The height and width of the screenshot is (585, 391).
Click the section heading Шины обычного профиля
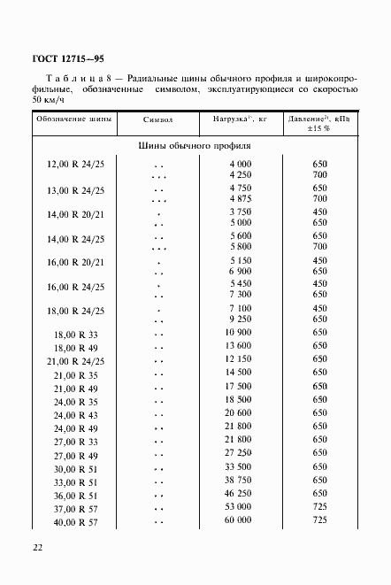[x=195, y=146]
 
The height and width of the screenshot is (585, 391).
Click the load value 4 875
[x=240, y=199]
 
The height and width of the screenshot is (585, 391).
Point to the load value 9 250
[x=240, y=318]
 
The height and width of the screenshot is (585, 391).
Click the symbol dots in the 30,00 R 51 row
[x=159, y=468]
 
